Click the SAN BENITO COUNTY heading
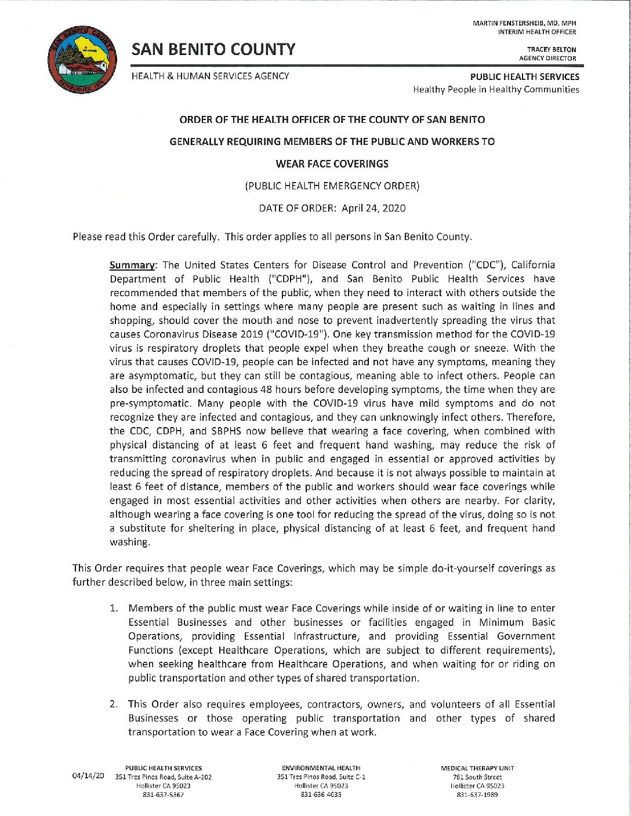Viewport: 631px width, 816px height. coord(213,50)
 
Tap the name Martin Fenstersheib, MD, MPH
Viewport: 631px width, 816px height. coord(524,23)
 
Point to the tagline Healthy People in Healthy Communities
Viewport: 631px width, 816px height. coord(496,89)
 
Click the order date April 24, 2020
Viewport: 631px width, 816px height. coord(373,208)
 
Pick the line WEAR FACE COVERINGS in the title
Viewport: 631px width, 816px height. coord(332,164)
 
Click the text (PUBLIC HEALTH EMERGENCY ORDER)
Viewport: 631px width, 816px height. coord(332,186)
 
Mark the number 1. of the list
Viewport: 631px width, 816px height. coord(115,609)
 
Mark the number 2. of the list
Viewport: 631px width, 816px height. coord(115,705)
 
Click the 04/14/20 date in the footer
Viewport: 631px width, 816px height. coord(88,775)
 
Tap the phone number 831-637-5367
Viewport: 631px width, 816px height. coord(164,795)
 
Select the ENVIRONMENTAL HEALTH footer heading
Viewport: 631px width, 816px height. coord(321,768)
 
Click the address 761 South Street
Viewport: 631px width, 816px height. coord(477,777)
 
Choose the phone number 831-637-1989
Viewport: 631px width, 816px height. coord(477,795)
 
